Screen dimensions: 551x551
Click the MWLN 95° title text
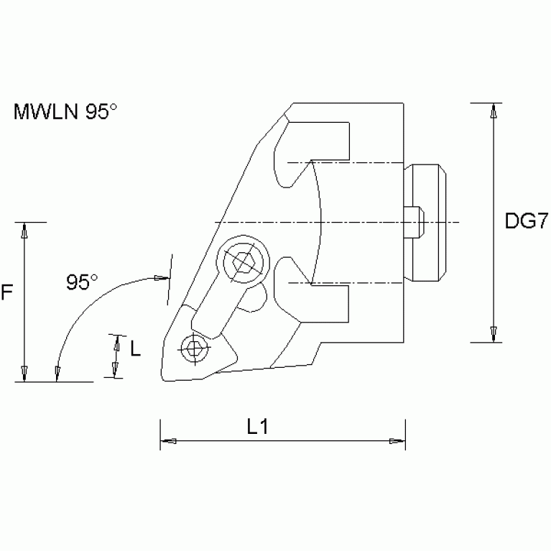65,112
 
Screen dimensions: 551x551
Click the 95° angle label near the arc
82,282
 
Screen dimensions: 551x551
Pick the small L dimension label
134,349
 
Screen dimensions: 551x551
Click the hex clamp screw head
241,264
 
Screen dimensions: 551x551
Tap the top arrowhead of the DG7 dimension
494,111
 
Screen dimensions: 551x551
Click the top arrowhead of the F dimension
24,231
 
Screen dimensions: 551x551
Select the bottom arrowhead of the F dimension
24,373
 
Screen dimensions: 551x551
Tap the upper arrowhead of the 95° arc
159,277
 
